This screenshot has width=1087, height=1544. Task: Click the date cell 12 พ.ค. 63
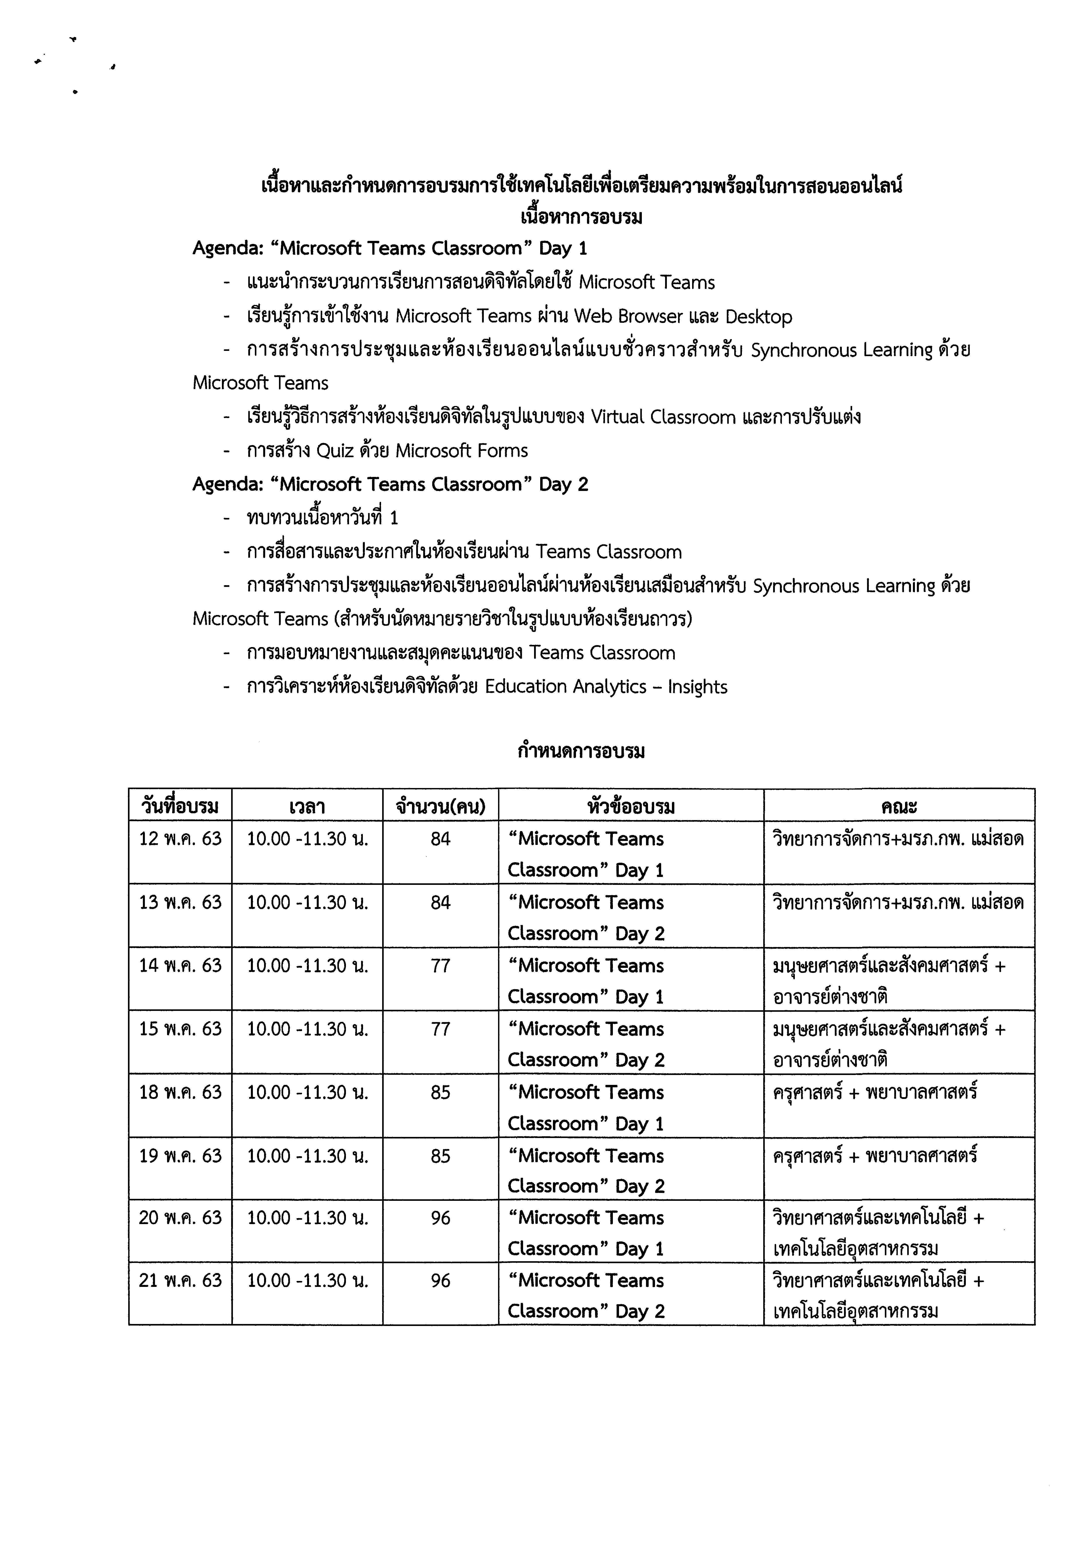(x=180, y=839)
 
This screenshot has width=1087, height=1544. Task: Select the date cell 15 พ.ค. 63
(x=180, y=1029)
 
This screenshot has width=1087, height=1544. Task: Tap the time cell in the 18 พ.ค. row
(x=307, y=1092)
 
